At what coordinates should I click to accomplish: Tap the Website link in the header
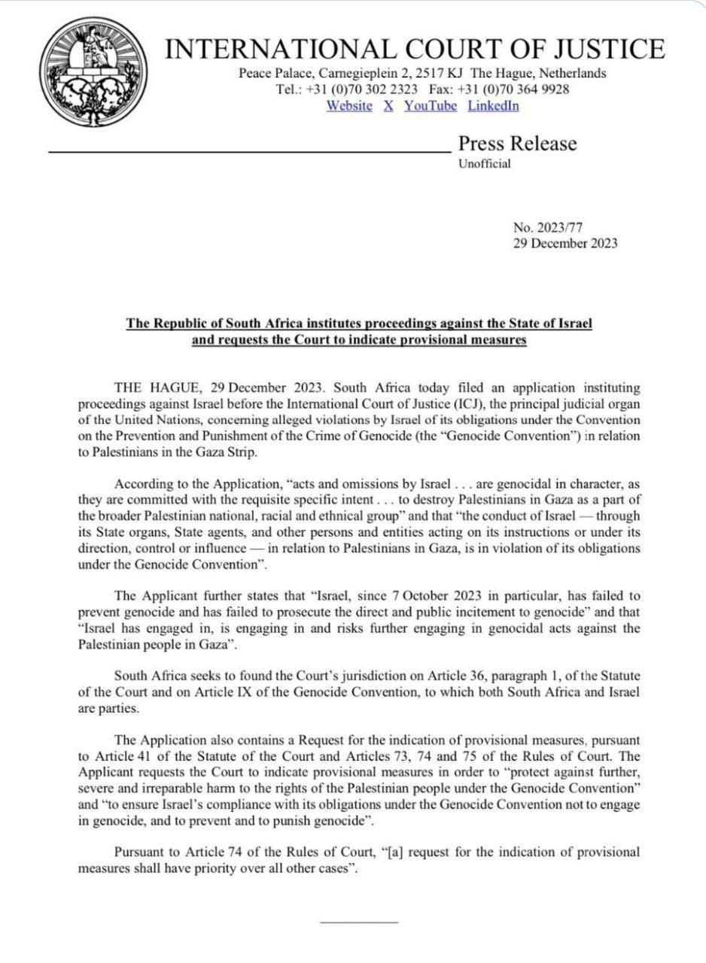(349, 106)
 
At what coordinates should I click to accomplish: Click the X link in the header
(388, 106)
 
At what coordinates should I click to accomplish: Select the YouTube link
(431, 106)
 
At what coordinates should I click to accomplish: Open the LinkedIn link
(493, 106)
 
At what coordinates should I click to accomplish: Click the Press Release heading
(518, 144)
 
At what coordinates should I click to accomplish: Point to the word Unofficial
(485, 164)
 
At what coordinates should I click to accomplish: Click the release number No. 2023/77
(548, 228)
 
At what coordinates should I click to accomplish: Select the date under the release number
(565, 243)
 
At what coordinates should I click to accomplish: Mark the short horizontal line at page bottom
(358, 921)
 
